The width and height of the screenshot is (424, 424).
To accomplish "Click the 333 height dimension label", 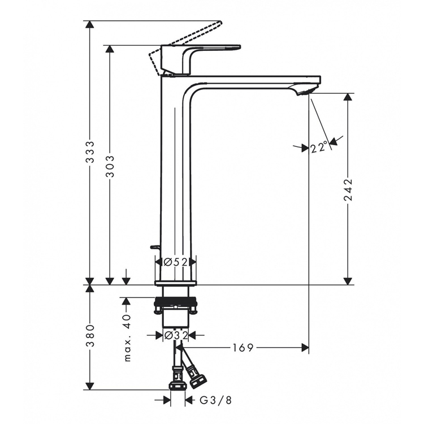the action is coord(90,152).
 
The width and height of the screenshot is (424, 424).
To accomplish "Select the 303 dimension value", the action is coord(110,166).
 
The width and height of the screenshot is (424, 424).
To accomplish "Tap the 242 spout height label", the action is coord(348,189).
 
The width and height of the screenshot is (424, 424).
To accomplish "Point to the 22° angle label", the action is coord(318,148).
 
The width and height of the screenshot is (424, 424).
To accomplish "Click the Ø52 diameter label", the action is coord(175,262).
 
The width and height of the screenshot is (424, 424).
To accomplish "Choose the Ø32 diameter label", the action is coord(176,336).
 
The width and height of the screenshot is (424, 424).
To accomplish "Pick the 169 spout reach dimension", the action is coord(243,348).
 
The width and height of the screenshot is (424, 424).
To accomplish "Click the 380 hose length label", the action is coord(90,336).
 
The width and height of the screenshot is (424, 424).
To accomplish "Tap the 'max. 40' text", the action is coord(128,338).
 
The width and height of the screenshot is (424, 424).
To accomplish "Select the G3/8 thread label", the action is coord(216,400).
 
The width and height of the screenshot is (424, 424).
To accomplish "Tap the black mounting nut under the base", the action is coord(175,301).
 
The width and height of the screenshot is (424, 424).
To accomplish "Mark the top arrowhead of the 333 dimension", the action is coord(90,24).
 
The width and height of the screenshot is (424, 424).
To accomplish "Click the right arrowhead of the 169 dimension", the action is coord(305,348).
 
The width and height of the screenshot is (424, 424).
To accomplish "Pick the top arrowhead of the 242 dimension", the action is coord(348,97).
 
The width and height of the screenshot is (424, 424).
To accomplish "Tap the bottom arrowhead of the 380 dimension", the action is coord(90,386).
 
